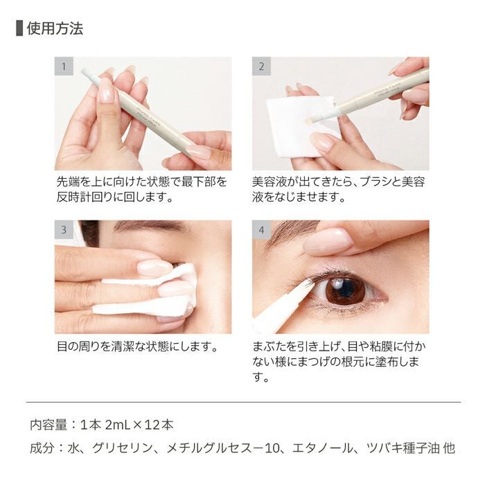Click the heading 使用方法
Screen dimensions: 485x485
pos(55,28)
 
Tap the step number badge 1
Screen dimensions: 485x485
pos(64,67)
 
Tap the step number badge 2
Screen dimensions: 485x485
pos(261,67)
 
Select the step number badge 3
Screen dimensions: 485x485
pos(64,230)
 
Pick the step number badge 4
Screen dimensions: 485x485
pos(261,230)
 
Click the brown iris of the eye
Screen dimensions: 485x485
pos(345,290)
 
